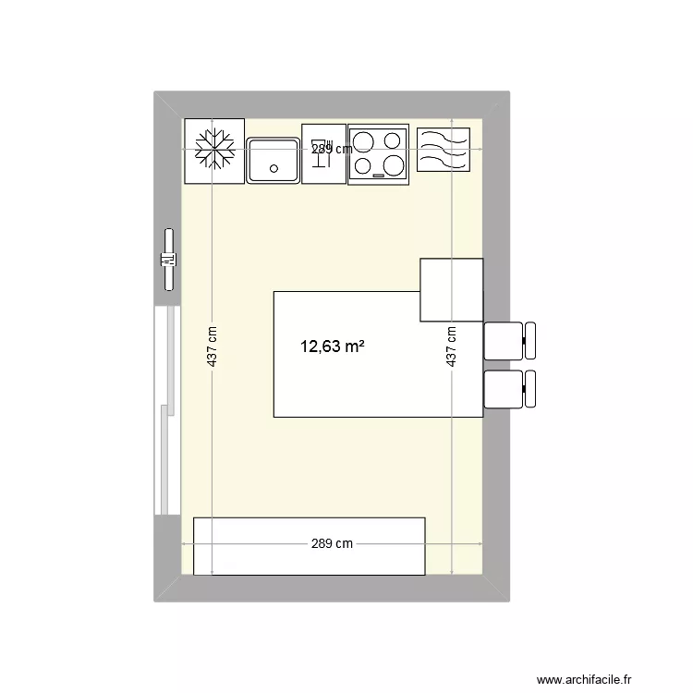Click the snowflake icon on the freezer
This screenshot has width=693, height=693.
[214, 149]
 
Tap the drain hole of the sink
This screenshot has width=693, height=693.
[273, 168]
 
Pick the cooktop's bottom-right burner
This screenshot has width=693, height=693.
[394, 165]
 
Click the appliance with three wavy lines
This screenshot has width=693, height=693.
[444, 149]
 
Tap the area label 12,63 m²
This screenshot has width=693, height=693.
[332, 347]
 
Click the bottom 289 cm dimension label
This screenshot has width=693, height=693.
[332, 544]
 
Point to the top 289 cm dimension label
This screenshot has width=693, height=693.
[332, 149]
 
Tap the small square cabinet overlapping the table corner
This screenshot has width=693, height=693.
[451, 290]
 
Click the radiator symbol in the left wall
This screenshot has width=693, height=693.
[168, 260]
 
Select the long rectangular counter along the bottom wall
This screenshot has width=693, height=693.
[309, 546]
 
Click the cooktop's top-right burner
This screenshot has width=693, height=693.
[393, 141]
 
